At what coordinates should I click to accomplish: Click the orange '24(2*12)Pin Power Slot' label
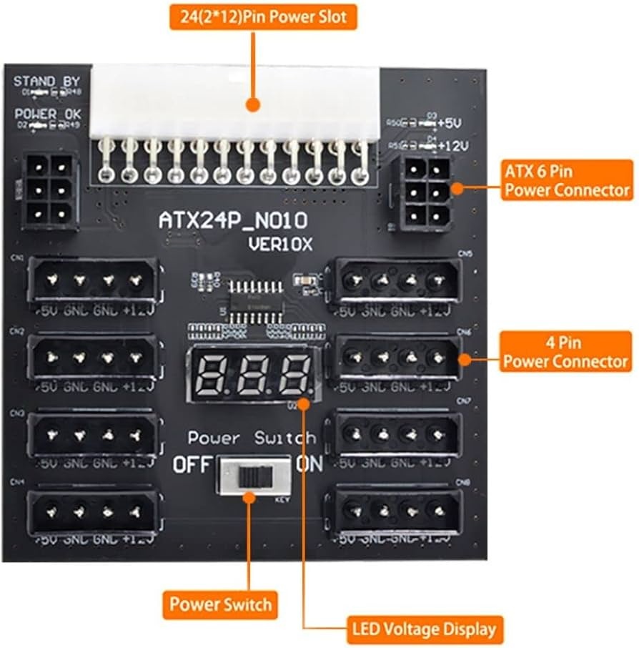pyautogui.click(x=263, y=16)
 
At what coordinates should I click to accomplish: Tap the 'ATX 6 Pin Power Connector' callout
pyautogui.click(x=568, y=181)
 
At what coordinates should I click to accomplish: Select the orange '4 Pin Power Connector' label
pyautogui.click(x=565, y=350)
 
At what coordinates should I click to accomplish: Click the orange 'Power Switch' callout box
pyautogui.click(x=220, y=604)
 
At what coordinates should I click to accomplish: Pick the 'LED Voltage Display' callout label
pyautogui.click(x=424, y=629)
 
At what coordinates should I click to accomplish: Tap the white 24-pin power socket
pyautogui.click(x=236, y=100)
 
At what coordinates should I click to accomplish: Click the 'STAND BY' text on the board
pyautogui.click(x=46, y=81)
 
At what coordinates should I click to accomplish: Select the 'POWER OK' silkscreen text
pyautogui.click(x=48, y=114)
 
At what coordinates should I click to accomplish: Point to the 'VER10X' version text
pyautogui.click(x=281, y=244)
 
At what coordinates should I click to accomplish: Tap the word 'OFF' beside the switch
pyautogui.click(x=192, y=466)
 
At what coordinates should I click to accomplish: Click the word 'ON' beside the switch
pyautogui.click(x=309, y=465)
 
